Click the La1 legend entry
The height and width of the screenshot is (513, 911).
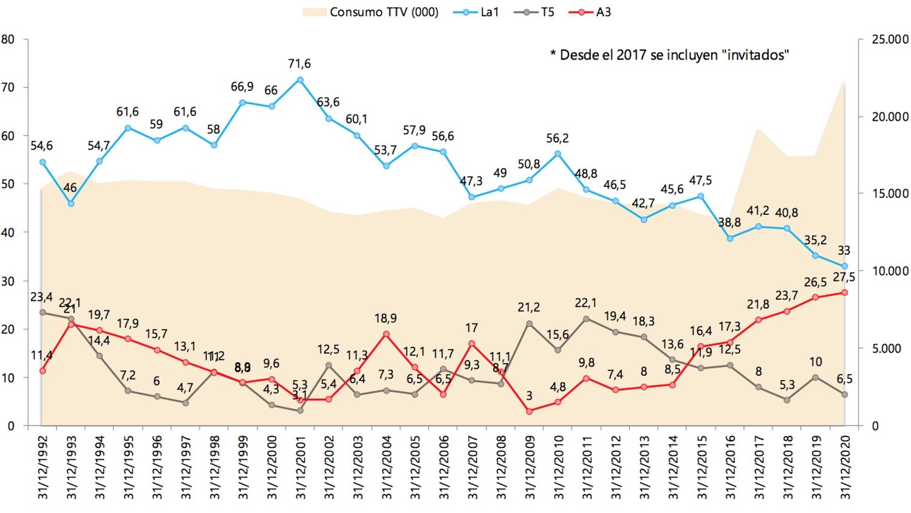click(x=477, y=12)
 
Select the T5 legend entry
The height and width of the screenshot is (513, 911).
click(x=534, y=12)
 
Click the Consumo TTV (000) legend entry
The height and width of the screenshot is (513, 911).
click(x=371, y=12)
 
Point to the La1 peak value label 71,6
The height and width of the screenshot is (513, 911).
click(x=299, y=64)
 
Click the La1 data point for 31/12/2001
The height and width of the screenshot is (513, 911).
click(x=300, y=80)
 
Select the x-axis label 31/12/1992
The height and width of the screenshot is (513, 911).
click(x=43, y=467)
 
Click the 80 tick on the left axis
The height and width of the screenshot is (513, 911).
click(x=8, y=39)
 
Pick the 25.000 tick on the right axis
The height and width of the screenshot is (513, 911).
click(x=890, y=39)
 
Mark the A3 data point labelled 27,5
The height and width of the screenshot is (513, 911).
click(x=844, y=293)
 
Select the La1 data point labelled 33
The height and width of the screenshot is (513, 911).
click(x=844, y=266)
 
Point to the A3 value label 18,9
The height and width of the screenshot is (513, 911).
click(x=386, y=318)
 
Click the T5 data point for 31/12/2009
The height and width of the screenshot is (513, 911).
click(x=529, y=324)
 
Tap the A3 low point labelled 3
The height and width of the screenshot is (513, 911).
click(x=529, y=411)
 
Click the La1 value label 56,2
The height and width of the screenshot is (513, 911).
click(x=557, y=138)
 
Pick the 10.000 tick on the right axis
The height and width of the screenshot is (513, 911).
click(x=890, y=271)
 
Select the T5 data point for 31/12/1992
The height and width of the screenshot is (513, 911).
click(x=43, y=312)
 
